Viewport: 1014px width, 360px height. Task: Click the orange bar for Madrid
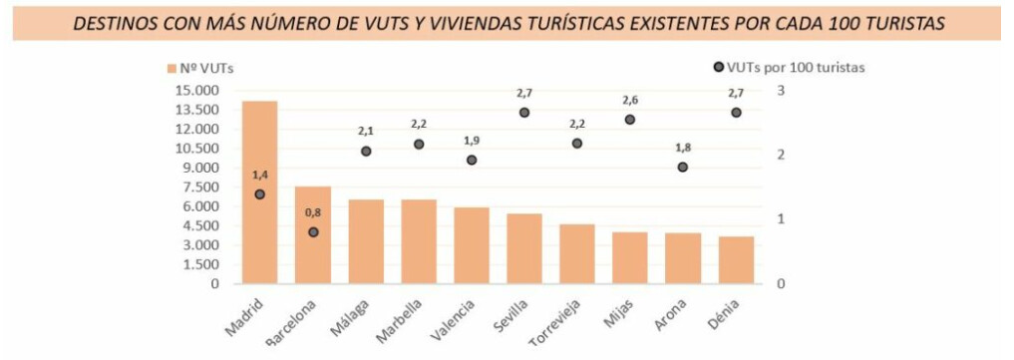pyautogui.click(x=259, y=191)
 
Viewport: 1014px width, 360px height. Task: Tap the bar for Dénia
pyautogui.click(x=736, y=260)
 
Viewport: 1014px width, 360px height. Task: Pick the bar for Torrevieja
pyautogui.click(x=577, y=254)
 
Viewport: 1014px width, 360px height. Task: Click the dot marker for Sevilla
pyautogui.click(x=524, y=113)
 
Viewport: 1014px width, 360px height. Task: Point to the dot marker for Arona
pyautogui.click(x=683, y=167)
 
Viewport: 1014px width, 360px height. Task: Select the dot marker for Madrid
pyautogui.click(x=259, y=193)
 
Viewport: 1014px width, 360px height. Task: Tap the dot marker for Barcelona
pyautogui.click(x=313, y=232)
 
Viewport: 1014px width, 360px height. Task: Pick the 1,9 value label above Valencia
pyautogui.click(x=472, y=141)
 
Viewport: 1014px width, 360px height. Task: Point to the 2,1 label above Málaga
pyautogui.click(x=366, y=132)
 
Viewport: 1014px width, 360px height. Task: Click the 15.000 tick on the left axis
pyautogui.click(x=196, y=91)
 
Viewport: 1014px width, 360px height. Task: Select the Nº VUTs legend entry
pyautogui.click(x=200, y=68)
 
